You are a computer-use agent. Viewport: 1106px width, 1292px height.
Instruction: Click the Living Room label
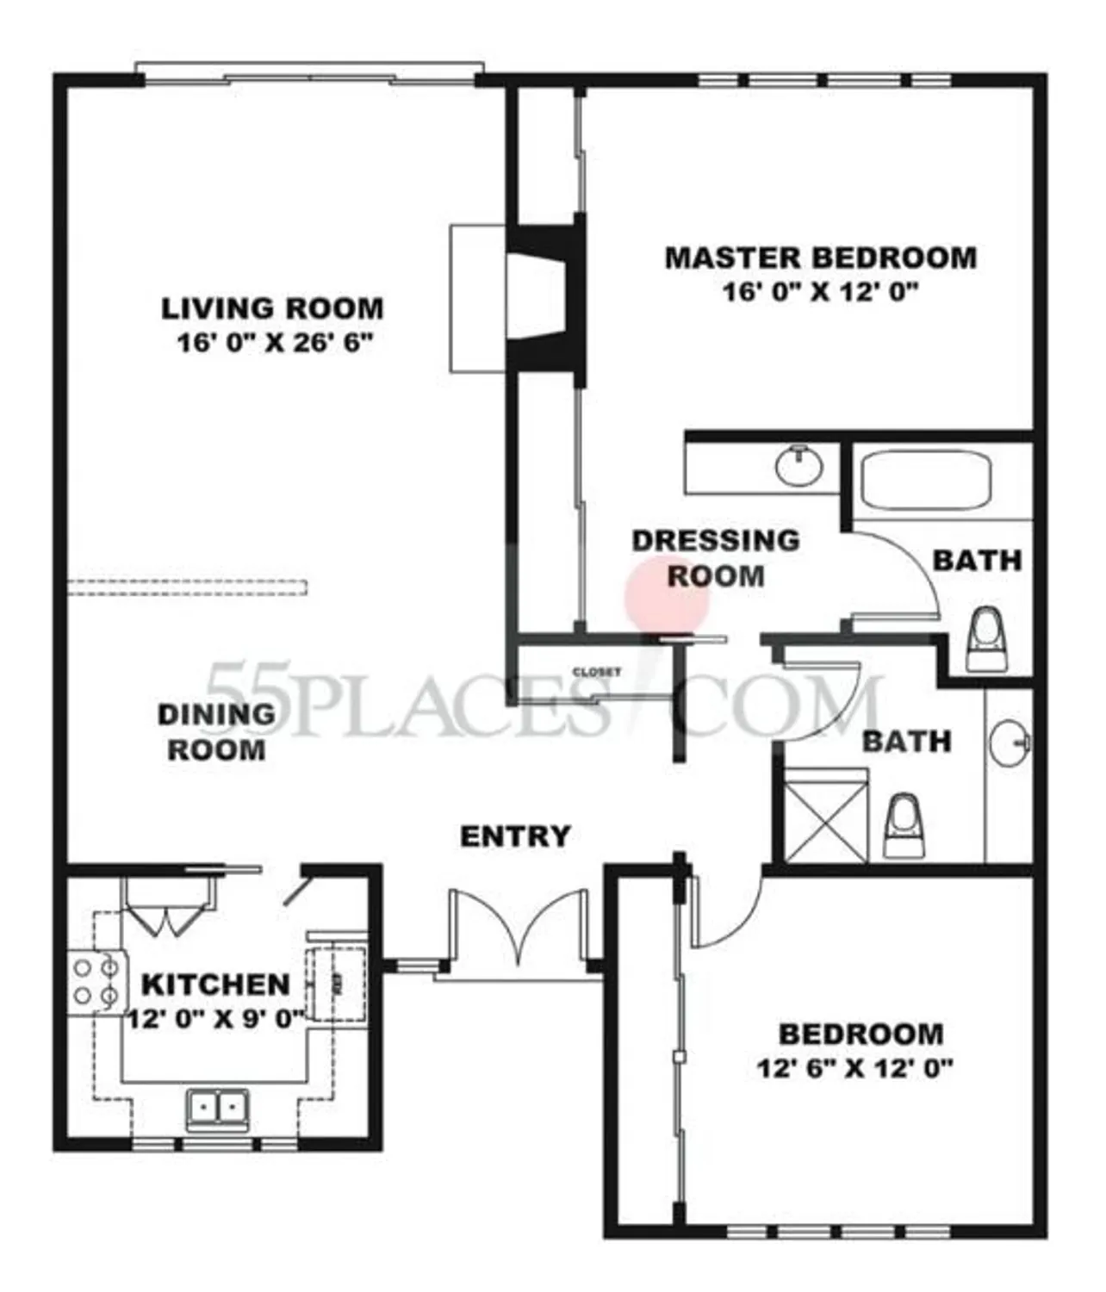(272, 307)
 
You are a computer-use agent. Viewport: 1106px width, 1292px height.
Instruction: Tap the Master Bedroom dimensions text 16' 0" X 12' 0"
(820, 292)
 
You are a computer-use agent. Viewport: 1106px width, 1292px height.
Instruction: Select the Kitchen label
(215, 984)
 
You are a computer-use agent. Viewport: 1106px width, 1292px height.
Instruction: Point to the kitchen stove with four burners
(96, 982)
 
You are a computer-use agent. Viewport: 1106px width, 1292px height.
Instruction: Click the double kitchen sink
(218, 1108)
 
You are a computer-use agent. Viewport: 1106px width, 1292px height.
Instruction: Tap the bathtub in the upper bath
(926, 480)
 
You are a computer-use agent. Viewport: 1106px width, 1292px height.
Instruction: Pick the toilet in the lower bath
(904, 826)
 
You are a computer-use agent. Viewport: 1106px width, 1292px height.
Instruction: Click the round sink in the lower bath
(1009, 742)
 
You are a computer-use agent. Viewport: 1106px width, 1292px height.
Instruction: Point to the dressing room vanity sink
(799, 467)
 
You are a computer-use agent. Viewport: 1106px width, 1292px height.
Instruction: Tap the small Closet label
(597, 672)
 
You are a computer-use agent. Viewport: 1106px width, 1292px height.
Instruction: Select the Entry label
(515, 836)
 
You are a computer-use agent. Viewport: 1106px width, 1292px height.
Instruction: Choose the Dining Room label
(215, 731)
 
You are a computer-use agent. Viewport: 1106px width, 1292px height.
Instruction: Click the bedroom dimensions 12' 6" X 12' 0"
(854, 1069)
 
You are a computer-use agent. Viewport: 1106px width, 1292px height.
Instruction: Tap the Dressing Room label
(716, 557)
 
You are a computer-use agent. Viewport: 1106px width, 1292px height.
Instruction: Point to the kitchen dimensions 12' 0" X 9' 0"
(215, 1019)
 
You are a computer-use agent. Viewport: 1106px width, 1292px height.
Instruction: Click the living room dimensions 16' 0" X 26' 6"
(274, 343)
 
